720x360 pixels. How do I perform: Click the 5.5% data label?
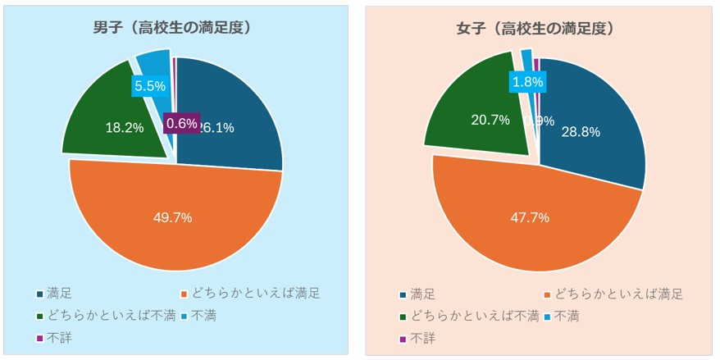click(149, 85)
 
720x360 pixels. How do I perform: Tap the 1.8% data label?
click(526, 82)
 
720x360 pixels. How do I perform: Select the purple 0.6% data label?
click(181, 124)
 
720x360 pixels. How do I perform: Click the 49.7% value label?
click(172, 217)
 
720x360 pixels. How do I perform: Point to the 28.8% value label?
click(580, 131)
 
